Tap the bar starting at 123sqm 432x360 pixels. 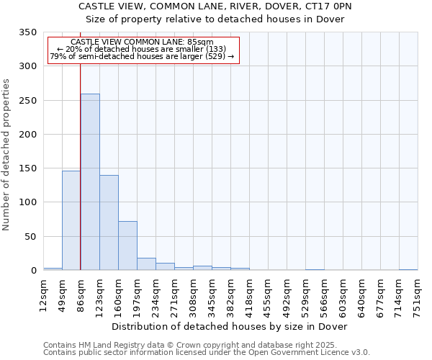pos(109,222)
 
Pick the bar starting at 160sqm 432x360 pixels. pos(127,246)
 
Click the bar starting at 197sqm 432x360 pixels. pos(146,264)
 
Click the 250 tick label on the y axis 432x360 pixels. pos(27,101)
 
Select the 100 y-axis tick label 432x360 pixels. pos(27,202)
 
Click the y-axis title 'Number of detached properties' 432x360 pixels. pos(6,155)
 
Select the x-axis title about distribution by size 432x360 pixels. pos(230,326)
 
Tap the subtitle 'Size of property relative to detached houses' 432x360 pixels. pos(215,19)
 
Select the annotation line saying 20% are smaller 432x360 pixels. pos(141,49)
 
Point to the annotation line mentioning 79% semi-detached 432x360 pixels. pos(142,56)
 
